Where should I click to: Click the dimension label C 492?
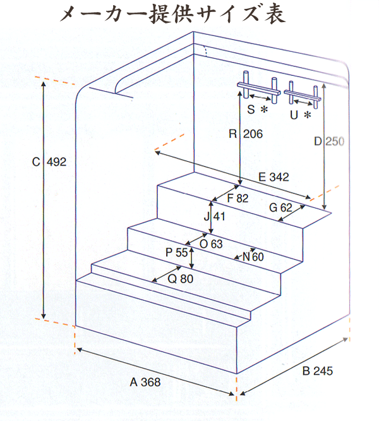pyautogui.click(x=49, y=162)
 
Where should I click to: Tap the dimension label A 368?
pyautogui.click(x=145, y=382)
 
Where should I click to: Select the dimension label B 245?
pyautogui.click(x=318, y=371)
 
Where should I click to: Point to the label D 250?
pyautogui.click(x=329, y=142)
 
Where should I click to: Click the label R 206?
pyautogui.click(x=246, y=134)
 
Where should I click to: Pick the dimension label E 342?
pyautogui.click(x=274, y=177)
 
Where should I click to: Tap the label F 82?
pyautogui.click(x=238, y=198)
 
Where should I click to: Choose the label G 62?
pyautogui.click(x=280, y=207)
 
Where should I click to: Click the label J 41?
pyautogui.click(x=215, y=216)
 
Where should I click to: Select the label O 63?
pyautogui.click(x=211, y=244)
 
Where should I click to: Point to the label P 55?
pyautogui.click(x=176, y=252)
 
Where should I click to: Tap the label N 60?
pyautogui.click(x=253, y=257)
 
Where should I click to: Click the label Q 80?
pyautogui.click(x=181, y=279)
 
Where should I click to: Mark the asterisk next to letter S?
pyautogui.click(x=265, y=109)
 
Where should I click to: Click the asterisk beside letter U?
pyautogui.click(x=308, y=115)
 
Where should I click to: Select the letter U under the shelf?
pyautogui.click(x=294, y=115)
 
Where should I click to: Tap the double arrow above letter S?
pyautogui.click(x=260, y=97)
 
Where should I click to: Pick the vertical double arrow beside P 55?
pyautogui.click(x=191, y=258)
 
